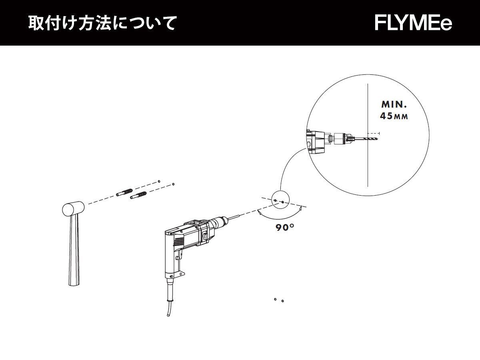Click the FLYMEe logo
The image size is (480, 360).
click(413, 23)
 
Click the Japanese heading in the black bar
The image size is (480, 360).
click(102, 23)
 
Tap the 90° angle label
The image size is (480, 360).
click(285, 228)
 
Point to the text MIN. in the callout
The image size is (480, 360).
click(394, 105)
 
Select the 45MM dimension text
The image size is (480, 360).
click(394, 117)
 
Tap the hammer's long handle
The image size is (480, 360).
click(74, 252)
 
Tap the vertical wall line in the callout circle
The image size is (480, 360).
click(368, 168)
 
